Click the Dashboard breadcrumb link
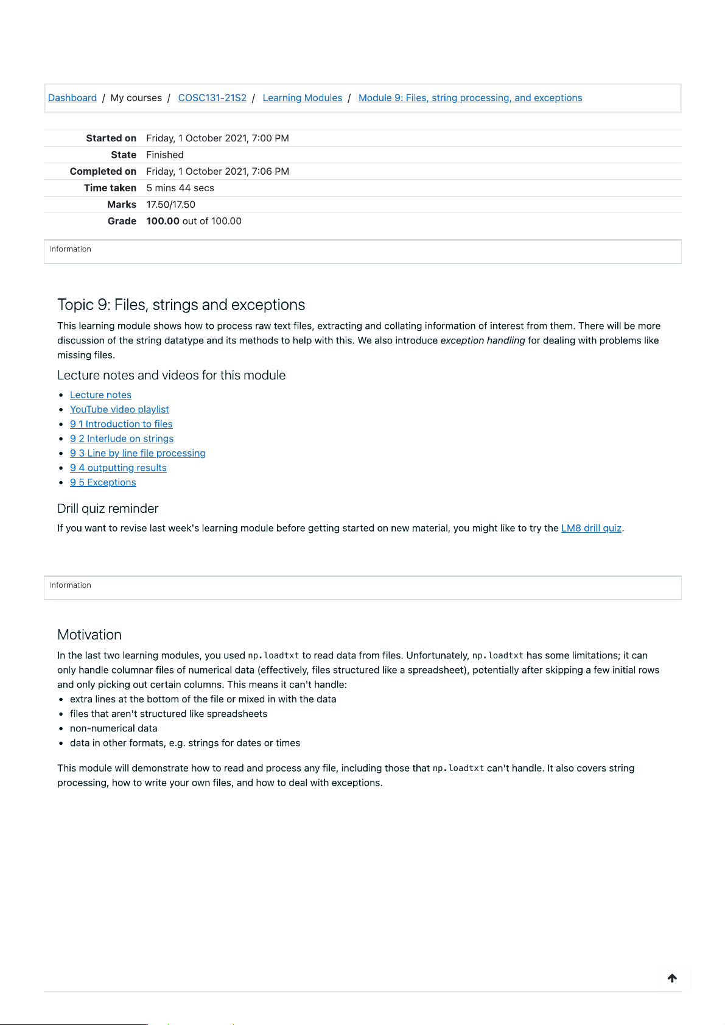(x=72, y=98)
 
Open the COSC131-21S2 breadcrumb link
(x=212, y=98)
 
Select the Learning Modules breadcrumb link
(x=302, y=98)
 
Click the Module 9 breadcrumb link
(x=470, y=98)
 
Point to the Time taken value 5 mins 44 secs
(x=180, y=188)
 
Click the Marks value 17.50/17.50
(x=170, y=205)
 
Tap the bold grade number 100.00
(x=163, y=221)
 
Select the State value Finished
(x=165, y=155)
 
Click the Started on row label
(x=111, y=138)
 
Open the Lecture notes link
(x=100, y=395)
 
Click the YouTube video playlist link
(x=119, y=410)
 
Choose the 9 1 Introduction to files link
(x=121, y=424)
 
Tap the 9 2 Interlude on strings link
(x=122, y=439)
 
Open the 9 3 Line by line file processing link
(x=138, y=454)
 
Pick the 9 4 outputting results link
(x=118, y=468)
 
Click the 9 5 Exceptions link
(x=103, y=483)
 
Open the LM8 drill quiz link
(x=591, y=529)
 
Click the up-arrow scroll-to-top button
(x=672, y=978)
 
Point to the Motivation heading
(x=89, y=635)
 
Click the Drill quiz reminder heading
(x=108, y=509)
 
